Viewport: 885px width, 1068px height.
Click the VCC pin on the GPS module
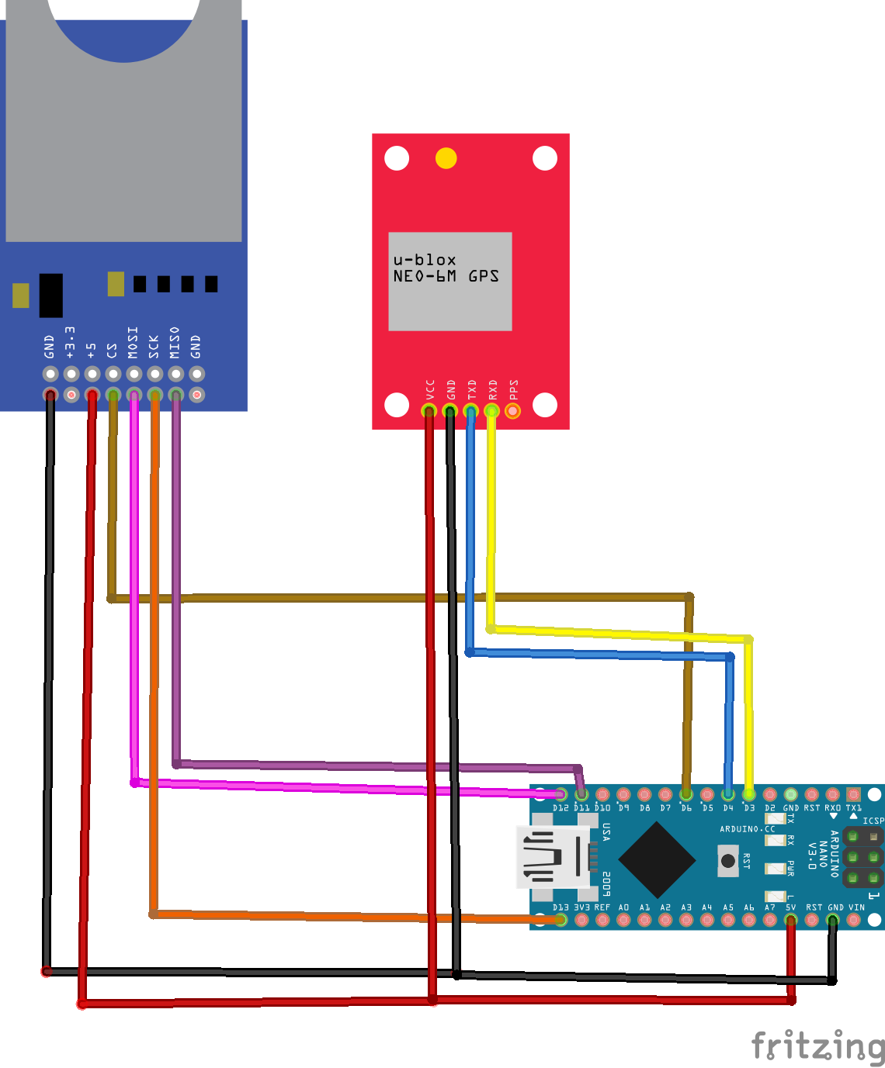tap(429, 410)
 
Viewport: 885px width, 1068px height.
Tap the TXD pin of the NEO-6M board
tap(470, 410)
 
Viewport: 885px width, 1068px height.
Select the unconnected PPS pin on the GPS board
tap(512, 410)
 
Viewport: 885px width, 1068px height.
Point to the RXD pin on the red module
tap(491, 410)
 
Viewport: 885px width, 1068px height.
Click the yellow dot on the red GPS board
tap(446, 158)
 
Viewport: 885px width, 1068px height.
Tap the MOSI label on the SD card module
tap(133, 343)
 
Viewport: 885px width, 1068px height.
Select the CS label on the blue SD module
tap(113, 351)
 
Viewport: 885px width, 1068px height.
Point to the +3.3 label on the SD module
tap(71, 343)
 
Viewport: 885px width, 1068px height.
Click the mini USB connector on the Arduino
tap(553, 857)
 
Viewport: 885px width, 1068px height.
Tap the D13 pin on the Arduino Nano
tap(560, 920)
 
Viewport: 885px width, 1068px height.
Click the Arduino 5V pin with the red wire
tap(790, 920)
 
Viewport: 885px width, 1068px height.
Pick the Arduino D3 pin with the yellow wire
tap(748, 794)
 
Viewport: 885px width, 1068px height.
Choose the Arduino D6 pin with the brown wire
tap(685, 794)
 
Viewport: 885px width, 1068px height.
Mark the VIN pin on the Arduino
tap(854, 920)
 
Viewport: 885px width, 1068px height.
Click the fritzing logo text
tap(817, 1046)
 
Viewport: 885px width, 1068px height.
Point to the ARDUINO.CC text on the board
tap(747, 829)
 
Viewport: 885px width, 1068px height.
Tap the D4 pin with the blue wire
tap(727, 794)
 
